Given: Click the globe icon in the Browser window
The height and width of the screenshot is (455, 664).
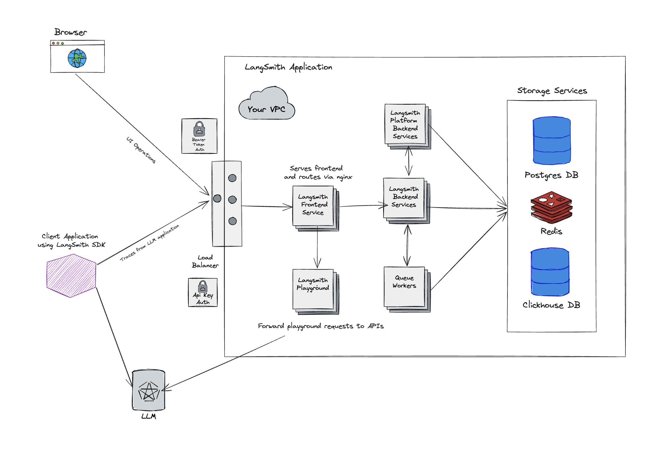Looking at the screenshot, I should coord(77,58).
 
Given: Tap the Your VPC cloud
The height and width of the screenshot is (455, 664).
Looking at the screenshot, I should coord(267,105).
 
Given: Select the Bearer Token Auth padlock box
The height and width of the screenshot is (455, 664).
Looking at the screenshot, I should coord(199,136).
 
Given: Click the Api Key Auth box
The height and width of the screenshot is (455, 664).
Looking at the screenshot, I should coord(203,292).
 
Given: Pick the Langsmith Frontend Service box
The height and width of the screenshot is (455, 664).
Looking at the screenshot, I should coord(313,206).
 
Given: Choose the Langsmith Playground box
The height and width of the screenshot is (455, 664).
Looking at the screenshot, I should coord(313,289).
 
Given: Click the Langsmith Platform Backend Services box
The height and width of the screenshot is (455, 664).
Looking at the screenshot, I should coord(405,124).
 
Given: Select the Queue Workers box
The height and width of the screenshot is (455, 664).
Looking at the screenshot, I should coord(405,287).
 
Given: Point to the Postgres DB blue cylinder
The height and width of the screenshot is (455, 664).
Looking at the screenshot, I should coord(552,141).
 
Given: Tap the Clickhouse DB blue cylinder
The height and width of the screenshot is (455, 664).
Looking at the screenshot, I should coord(550,272).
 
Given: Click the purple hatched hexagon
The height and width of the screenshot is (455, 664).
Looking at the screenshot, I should coord(71,276).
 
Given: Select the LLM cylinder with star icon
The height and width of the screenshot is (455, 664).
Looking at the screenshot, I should coord(149,390).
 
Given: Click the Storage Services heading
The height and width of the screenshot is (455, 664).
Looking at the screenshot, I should coord(552,91).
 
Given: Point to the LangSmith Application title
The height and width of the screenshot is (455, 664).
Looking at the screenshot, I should coord(288,67).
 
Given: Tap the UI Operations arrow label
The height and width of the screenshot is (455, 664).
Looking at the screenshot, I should coord(141,150).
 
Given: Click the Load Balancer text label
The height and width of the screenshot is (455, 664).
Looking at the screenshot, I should coord(205,261).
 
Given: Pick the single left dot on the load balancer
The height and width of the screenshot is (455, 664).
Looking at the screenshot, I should coord(217,198).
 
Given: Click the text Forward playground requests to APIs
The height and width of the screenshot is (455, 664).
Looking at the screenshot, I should coord(321,326).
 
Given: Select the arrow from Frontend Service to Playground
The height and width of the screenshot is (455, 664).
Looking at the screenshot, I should coord(317,247).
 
